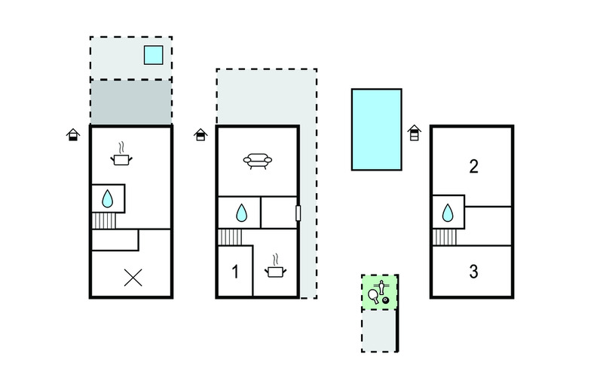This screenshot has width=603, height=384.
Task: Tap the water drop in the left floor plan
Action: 107,199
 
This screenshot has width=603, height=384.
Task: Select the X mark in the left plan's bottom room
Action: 133,277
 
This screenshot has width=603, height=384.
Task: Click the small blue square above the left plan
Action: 153,54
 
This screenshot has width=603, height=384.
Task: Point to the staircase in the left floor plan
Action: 104,221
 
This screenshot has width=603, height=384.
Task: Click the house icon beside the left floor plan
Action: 72,134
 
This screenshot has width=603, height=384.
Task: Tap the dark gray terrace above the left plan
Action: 130,102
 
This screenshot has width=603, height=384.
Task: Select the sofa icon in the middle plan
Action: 258,161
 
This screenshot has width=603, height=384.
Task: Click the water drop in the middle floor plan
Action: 241,213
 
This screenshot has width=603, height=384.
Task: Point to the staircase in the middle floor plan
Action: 230,237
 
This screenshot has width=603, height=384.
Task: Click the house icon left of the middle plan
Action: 200,134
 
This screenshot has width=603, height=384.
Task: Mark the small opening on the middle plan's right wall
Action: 298,214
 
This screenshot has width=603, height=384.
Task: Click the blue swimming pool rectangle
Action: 376,129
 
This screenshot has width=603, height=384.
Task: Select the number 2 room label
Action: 473,167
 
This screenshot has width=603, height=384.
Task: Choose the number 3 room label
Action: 473,272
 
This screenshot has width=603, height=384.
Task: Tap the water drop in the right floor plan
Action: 448,212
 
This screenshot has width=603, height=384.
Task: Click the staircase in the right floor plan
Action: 445,237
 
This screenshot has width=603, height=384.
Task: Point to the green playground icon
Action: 379,291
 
